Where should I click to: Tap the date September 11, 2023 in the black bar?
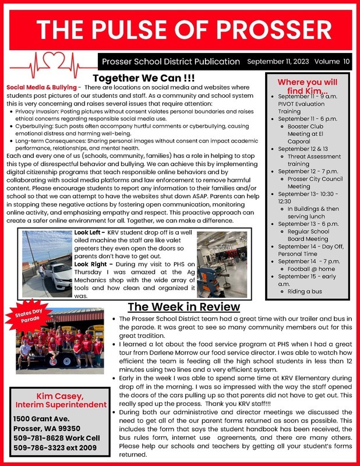(x=278, y=61)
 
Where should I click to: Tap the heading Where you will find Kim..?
(x=306, y=87)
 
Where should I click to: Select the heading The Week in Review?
(x=183, y=306)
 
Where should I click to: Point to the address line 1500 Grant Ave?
(x=41, y=418)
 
